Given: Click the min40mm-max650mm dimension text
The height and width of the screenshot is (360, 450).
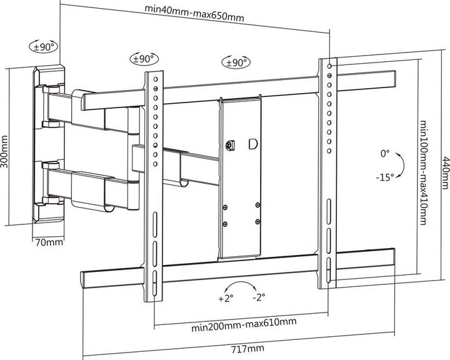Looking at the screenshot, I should [194, 9].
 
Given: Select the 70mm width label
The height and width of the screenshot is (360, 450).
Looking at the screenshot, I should [47, 242].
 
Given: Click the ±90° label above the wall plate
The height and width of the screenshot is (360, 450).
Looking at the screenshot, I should [44, 46].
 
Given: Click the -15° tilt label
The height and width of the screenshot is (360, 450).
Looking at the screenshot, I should [385, 177].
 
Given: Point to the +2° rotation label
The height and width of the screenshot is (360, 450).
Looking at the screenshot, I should [226, 299].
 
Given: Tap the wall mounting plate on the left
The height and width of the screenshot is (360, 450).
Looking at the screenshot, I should [49, 144].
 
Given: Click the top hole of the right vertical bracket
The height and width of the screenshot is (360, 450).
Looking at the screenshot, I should [329, 65].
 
